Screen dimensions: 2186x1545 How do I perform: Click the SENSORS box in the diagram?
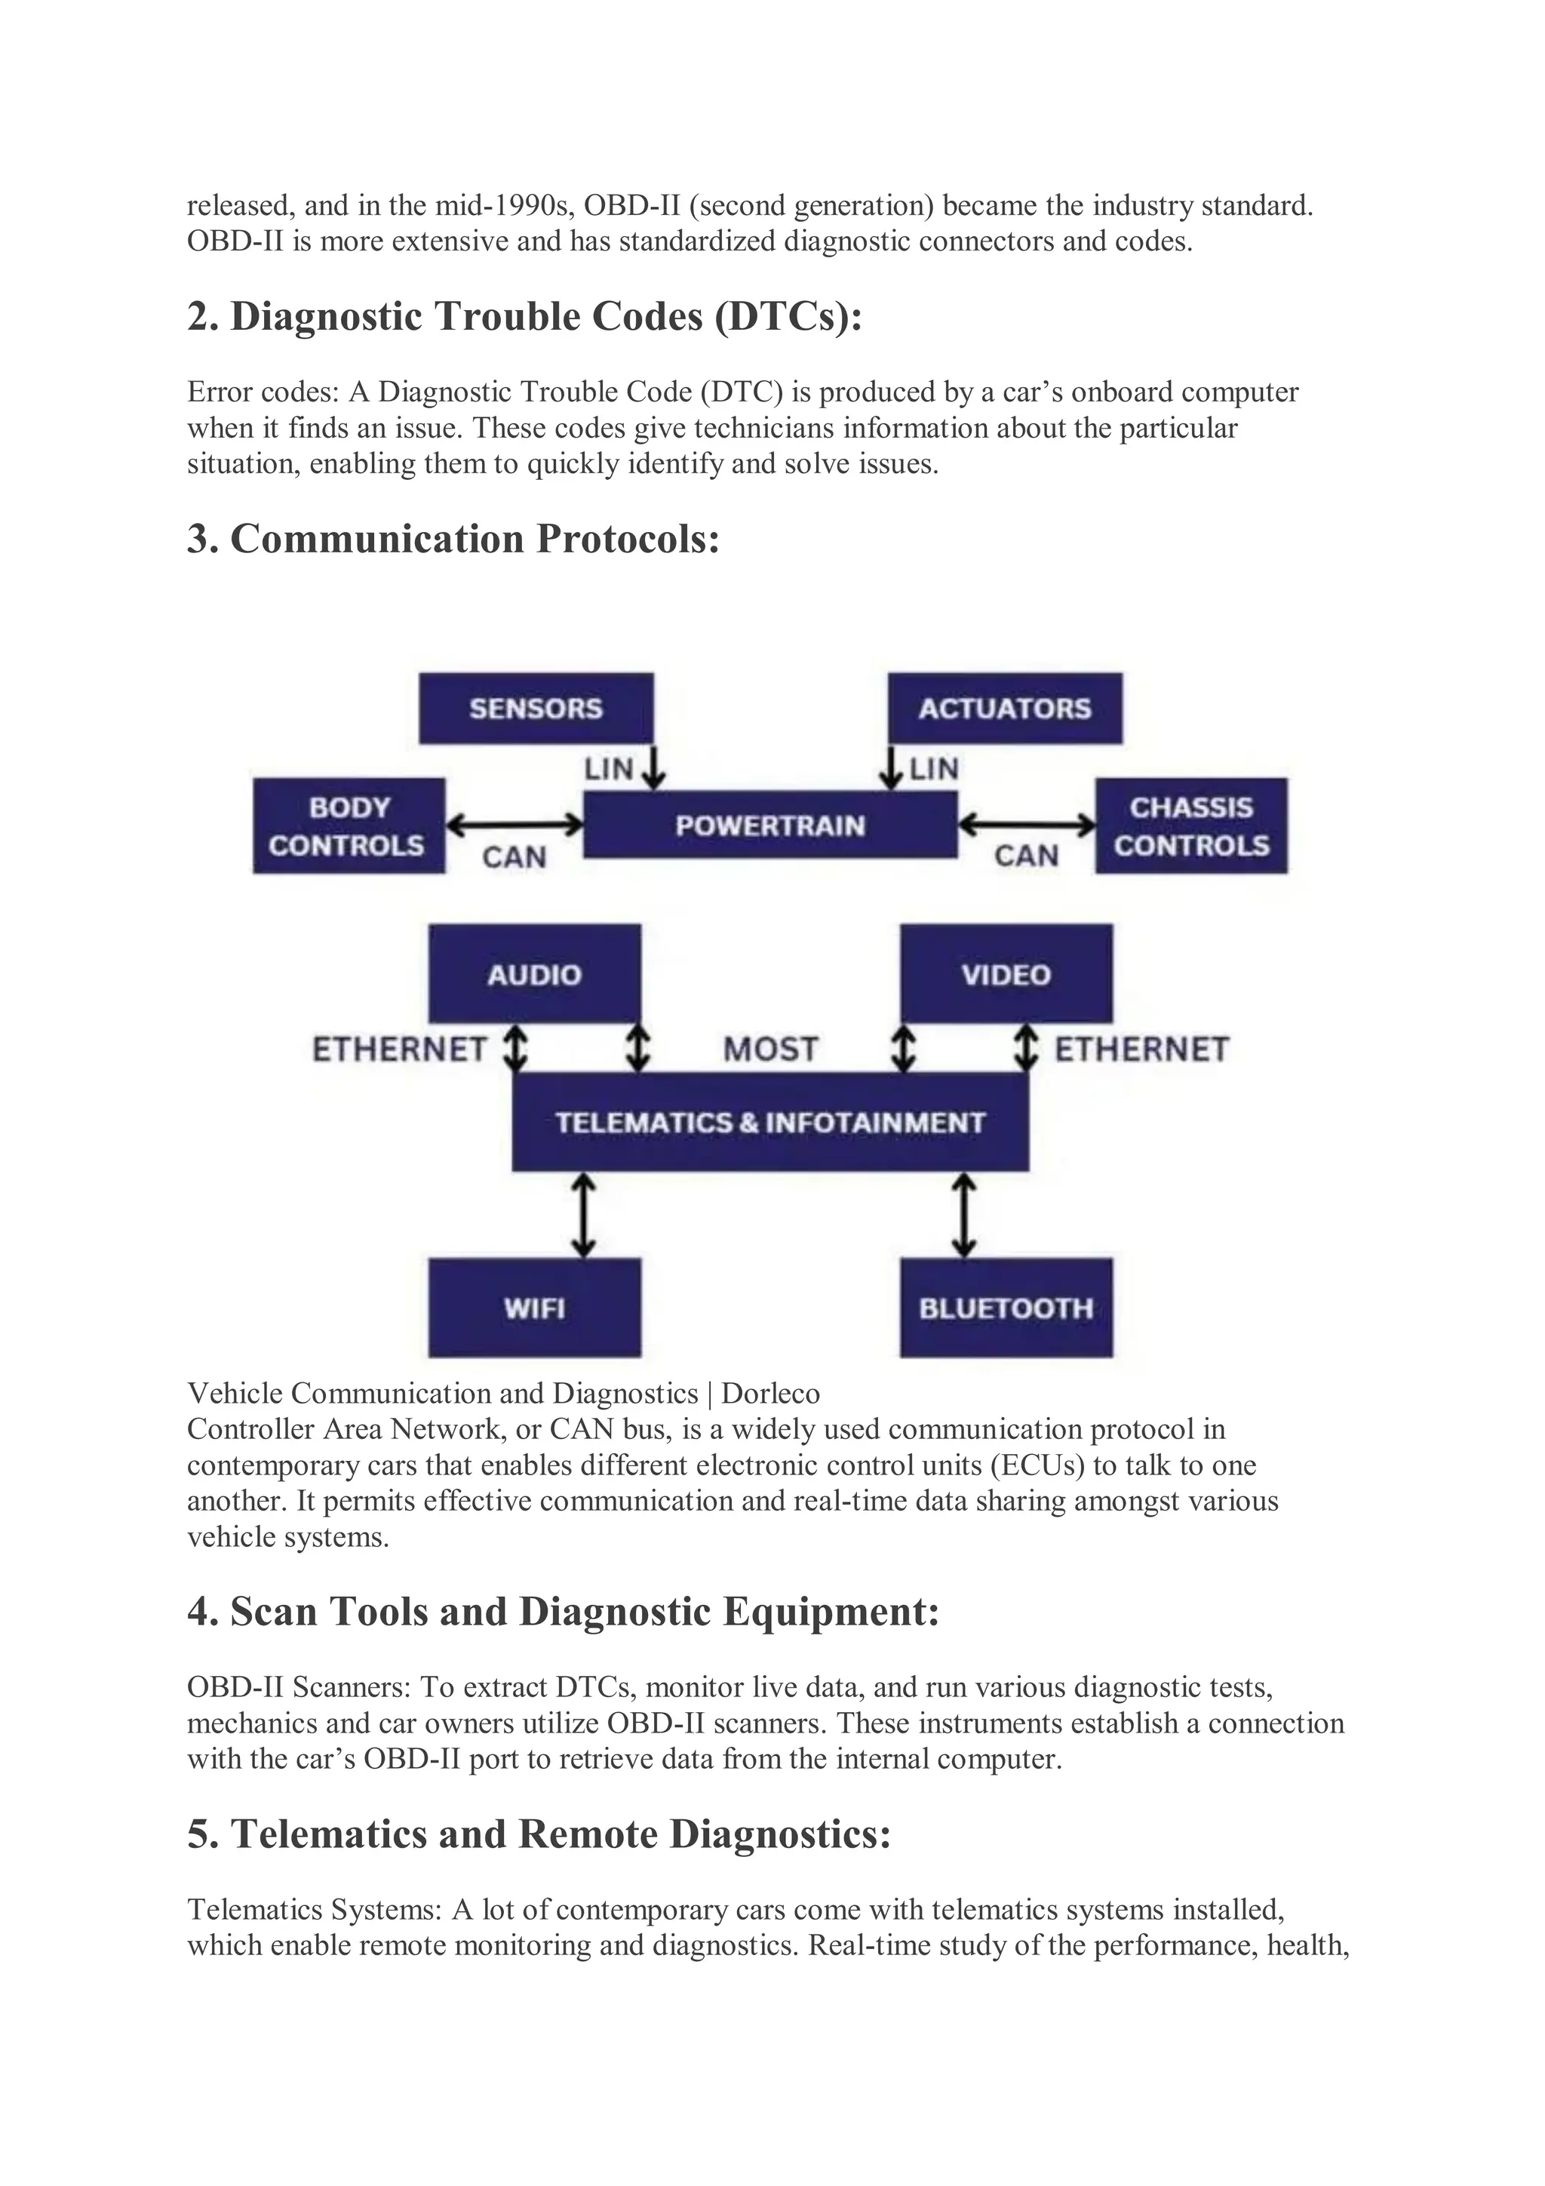tap(536, 709)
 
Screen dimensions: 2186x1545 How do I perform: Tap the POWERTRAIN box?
tap(770, 825)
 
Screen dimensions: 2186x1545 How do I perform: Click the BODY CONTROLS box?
tap(349, 826)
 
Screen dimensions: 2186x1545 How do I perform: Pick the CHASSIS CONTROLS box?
tap(1191, 826)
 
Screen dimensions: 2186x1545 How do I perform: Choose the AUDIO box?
tap(534, 974)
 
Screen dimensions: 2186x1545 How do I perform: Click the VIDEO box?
tap(1006, 974)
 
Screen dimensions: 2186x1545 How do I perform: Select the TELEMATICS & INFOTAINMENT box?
tap(770, 1121)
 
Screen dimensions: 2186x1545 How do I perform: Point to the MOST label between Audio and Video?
tap(770, 1049)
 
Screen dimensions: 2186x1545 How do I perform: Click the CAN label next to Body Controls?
tap(514, 857)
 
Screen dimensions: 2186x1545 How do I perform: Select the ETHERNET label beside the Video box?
tap(1141, 1049)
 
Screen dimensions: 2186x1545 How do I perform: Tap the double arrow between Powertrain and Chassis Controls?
tap(1026, 825)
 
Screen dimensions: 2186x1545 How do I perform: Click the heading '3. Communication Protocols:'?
tap(453, 539)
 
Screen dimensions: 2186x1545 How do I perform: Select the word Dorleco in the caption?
tap(770, 1393)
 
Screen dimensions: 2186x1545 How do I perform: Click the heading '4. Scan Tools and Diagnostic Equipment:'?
tap(563, 1612)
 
